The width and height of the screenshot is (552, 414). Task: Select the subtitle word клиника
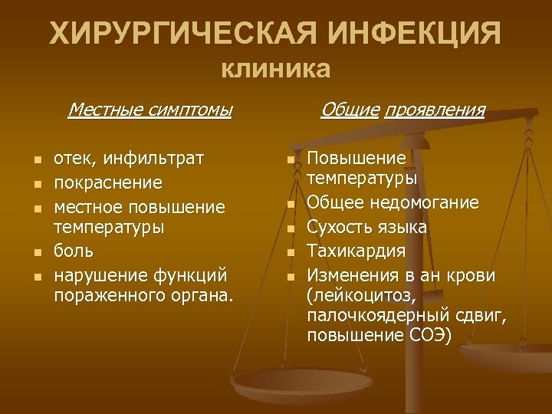click(x=276, y=70)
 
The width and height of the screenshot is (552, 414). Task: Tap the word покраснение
click(x=107, y=182)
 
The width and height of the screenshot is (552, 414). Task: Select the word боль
click(x=74, y=250)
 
